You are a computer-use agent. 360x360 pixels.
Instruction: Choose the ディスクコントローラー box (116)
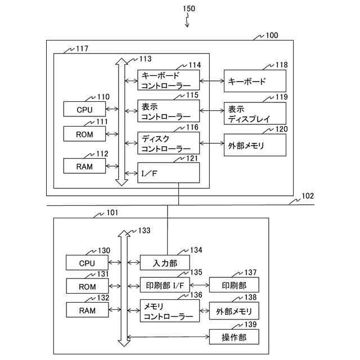pos(169,143)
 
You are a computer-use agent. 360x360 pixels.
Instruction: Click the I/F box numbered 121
pos(169,172)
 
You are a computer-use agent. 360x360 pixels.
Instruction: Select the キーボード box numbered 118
pos(255,81)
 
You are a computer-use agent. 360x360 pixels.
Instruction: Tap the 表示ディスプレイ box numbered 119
pos(255,114)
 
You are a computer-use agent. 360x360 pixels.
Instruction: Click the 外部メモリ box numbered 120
pos(255,145)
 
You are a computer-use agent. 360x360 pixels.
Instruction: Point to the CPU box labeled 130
pos(87,263)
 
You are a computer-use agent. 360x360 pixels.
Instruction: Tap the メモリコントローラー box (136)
pos(169,311)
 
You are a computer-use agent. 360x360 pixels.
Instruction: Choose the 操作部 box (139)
pos(234,337)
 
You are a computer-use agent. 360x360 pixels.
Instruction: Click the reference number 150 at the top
pos(190,9)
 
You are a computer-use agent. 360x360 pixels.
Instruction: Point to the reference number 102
pos(308,196)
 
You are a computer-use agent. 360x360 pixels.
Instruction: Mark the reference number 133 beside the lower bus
pos(144,231)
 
